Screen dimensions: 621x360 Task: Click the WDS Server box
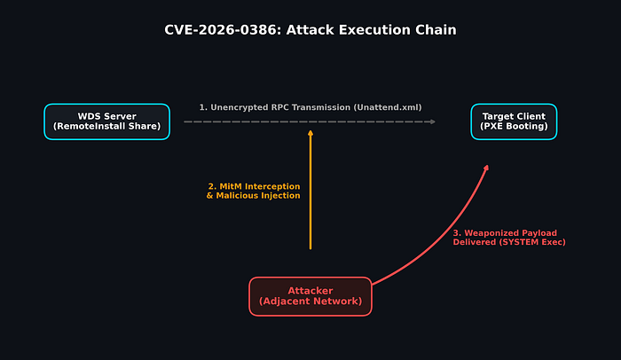(107, 121)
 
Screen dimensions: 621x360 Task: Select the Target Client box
(514, 121)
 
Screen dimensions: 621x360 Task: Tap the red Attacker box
(310, 296)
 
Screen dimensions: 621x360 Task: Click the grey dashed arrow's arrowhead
(433, 121)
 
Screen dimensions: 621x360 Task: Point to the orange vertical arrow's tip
(310, 131)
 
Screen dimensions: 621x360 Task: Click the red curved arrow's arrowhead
(487, 168)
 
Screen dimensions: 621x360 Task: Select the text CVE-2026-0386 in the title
(223, 30)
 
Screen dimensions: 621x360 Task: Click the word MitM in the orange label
(231, 186)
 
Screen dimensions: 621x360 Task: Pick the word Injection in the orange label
(280, 196)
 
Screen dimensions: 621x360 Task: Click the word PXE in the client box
(491, 126)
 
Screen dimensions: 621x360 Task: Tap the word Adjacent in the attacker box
(283, 301)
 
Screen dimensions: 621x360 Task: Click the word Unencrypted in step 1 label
(240, 107)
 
